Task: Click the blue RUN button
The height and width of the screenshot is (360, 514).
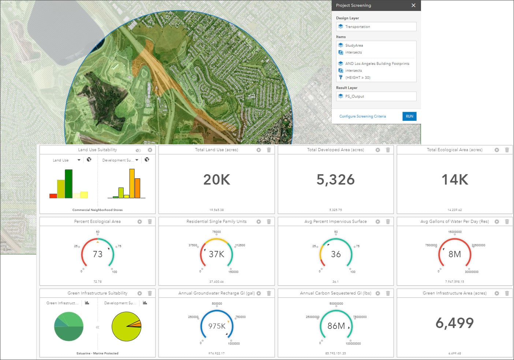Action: point(409,116)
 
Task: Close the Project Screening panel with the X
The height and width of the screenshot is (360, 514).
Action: point(413,5)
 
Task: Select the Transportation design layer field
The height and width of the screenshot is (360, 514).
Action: point(376,27)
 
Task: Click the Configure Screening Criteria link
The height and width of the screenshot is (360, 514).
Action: point(362,116)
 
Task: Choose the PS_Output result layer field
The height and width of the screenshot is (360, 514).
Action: point(376,96)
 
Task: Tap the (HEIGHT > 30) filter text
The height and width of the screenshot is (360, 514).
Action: point(358,78)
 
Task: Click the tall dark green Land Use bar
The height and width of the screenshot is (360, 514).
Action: point(68,184)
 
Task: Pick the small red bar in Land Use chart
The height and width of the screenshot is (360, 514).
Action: point(53,196)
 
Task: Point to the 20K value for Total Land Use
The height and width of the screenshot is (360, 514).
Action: point(217,179)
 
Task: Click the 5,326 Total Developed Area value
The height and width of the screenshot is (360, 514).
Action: point(335,179)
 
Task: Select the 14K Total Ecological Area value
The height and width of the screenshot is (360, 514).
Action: point(455,179)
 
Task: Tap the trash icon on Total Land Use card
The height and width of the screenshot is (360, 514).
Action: point(269,150)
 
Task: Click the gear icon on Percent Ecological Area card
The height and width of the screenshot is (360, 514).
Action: point(139,222)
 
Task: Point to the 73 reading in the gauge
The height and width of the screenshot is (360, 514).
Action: point(97,254)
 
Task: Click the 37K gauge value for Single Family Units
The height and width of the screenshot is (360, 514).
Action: point(216,254)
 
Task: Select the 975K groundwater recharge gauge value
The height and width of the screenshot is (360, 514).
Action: point(217,326)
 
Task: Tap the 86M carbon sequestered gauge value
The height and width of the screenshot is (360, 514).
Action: point(336,326)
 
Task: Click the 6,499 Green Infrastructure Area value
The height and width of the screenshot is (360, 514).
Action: point(455,323)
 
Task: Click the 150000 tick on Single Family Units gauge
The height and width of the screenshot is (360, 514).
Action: point(234,272)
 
